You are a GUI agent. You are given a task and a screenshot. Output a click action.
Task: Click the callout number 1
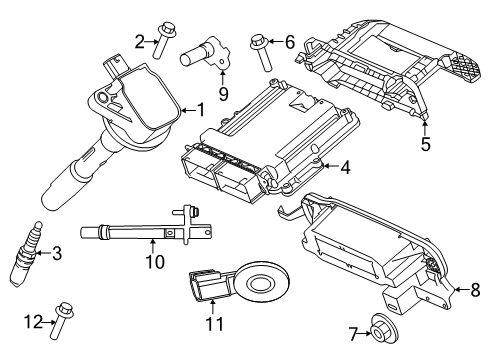coord(200,110)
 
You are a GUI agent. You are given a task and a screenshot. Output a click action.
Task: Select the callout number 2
coord(140,40)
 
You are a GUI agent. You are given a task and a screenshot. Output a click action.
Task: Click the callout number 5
coord(425,144)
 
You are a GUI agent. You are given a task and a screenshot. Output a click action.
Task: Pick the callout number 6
coord(290,42)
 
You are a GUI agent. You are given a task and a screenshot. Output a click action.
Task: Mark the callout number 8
coord(475,289)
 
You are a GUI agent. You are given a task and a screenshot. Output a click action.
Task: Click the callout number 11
coord(212,324)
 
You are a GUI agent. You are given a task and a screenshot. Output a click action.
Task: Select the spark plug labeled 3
coord(27,254)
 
